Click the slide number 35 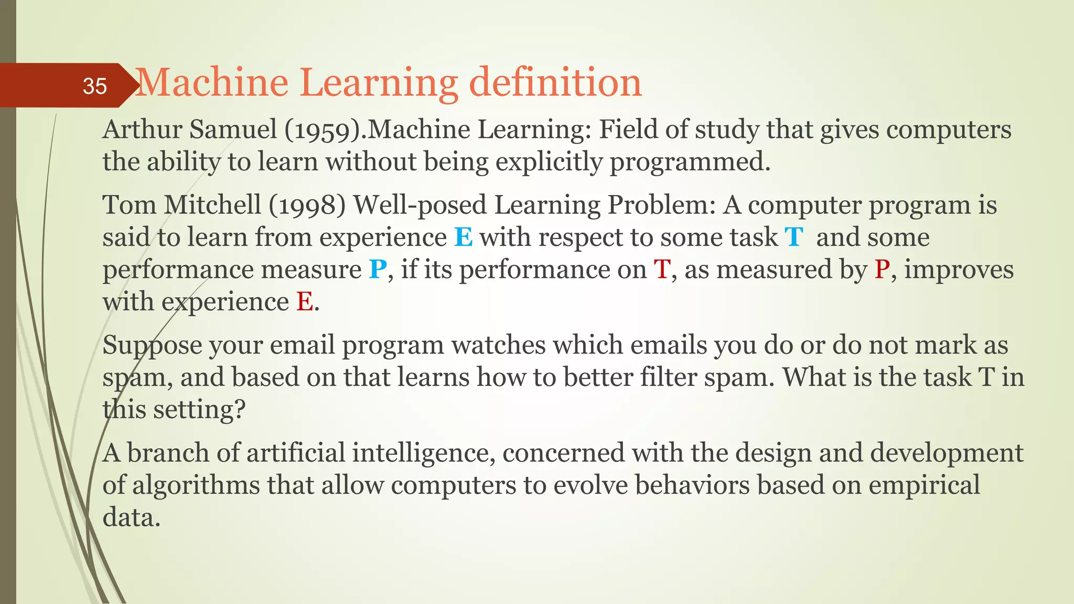tap(95, 86)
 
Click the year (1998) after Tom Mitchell tap(307, 205)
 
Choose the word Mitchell tap(212, 205)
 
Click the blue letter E tap(463, 238)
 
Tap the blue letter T tap(794, 238)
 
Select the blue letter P tap(378, 270)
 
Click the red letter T tap(662, 270)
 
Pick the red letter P tap(882, 270)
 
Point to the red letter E tap(305, 303)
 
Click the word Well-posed tap(420, 205)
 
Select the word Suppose tap(152, 346)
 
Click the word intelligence tap(423, 453)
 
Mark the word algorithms tap(196, 486)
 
